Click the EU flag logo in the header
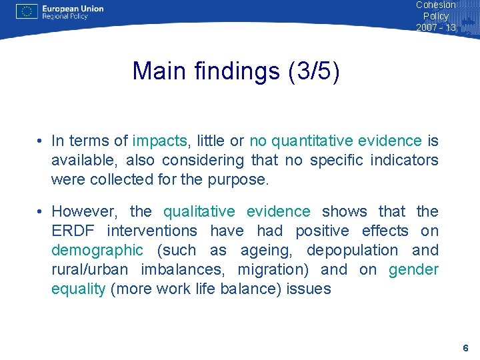[27, 11]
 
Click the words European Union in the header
[73, 9]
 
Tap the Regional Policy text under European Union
[65, 17]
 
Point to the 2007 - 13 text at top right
[436, 27]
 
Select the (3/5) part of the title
[314, 71]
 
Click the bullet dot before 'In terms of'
[41, 141]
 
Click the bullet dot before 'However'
[41, 212]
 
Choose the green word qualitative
[199, 211]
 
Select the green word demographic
[97, 250]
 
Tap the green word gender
[413, 269]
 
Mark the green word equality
[79, 289]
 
